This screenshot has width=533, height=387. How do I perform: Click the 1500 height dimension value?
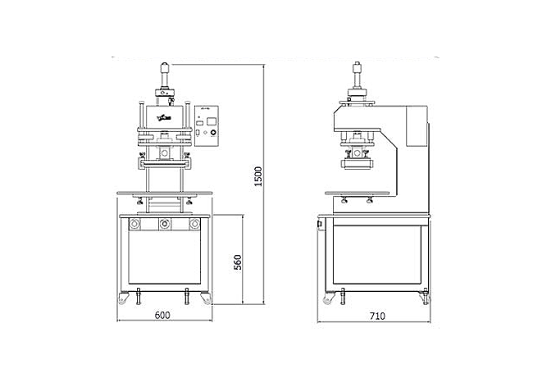coord(258,176)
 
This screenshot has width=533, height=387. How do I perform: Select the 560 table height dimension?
coord(238,262)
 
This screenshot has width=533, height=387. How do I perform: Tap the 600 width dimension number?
coord(162,316)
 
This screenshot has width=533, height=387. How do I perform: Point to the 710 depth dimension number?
coord(378,316)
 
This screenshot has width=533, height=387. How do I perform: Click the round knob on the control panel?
coord(213,133)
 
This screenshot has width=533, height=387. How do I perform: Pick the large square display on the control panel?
coord(212,121)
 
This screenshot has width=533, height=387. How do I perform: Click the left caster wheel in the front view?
coord(123,298)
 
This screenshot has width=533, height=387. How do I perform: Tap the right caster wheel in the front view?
coord(206,298)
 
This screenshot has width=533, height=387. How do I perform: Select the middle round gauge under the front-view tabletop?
coord(165,224)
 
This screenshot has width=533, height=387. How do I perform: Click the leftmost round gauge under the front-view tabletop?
coord(134,224)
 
